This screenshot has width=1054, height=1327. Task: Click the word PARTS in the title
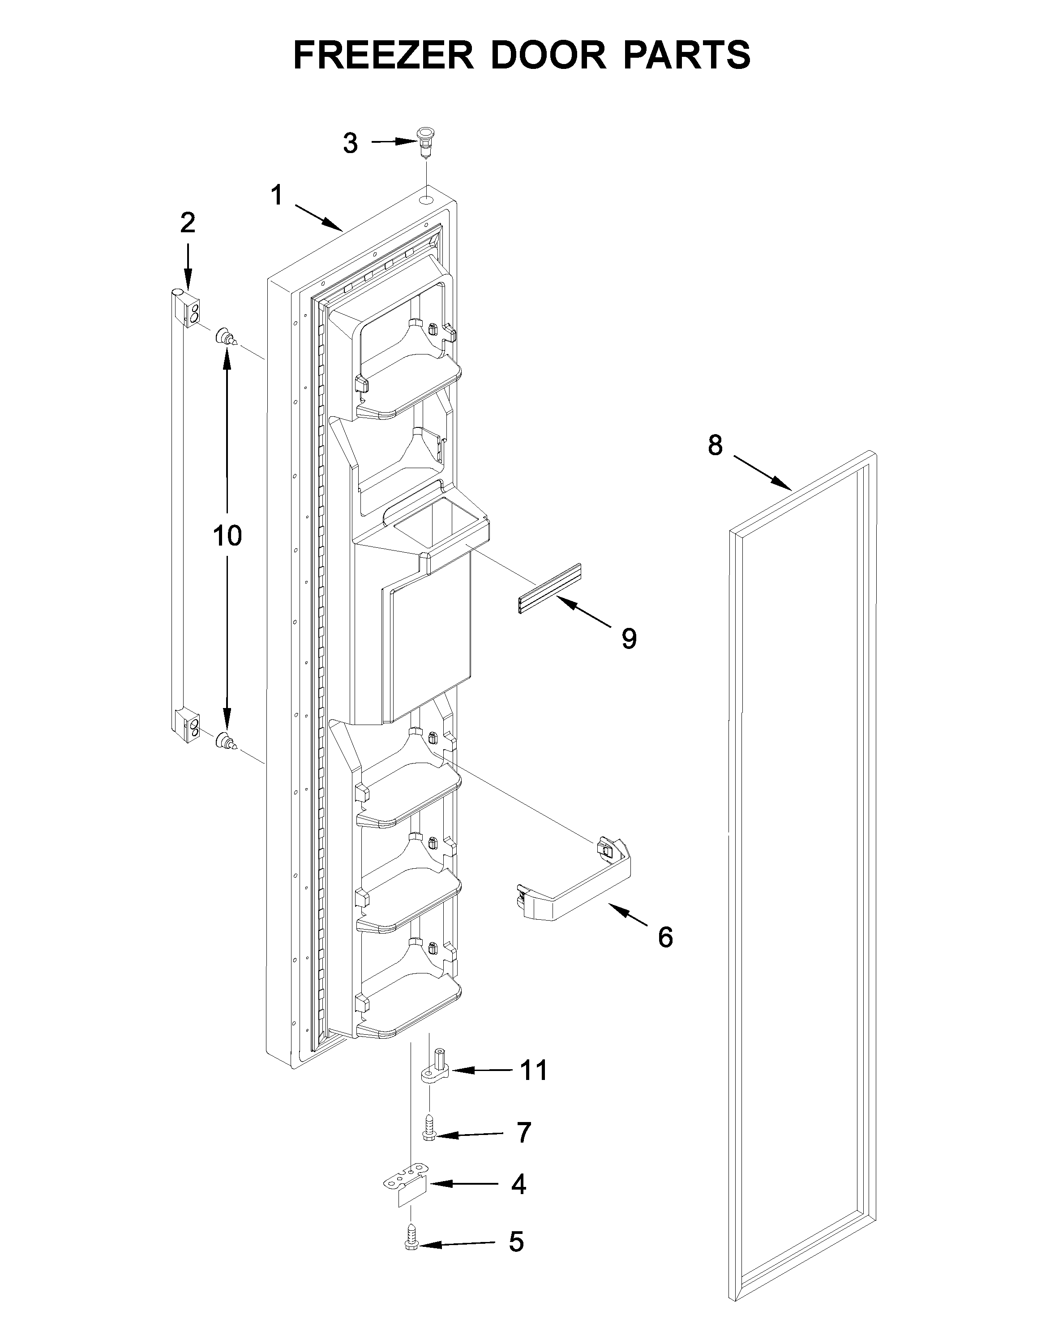686,55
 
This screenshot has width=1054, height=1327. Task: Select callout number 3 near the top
350,143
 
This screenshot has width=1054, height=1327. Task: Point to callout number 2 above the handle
187,222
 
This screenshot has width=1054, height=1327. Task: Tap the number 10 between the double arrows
227,536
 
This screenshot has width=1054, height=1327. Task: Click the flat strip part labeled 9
549,589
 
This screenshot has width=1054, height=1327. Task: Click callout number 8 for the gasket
714,445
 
